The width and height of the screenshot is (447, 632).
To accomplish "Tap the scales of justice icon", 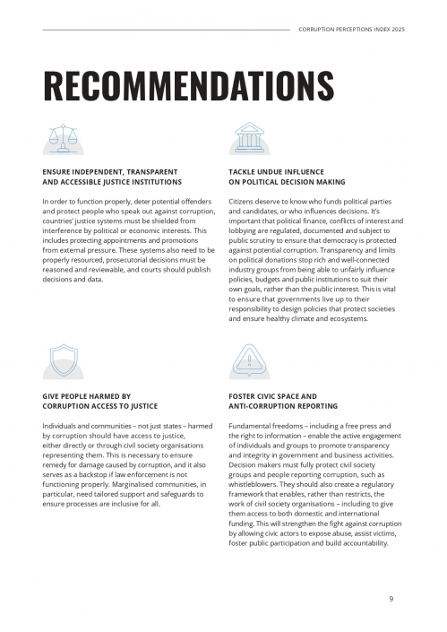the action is click(63, 138).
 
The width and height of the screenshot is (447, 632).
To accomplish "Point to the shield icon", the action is click(63, 363).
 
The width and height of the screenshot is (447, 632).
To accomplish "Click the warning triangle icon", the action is click(248, 363).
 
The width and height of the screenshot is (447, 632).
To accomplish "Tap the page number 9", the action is click(391, 599).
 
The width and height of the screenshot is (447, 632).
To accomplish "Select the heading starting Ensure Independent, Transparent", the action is click(110, 170).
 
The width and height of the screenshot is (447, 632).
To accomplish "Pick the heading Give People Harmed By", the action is click(87, 395).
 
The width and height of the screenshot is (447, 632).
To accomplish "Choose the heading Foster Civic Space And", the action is click(273, 395).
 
